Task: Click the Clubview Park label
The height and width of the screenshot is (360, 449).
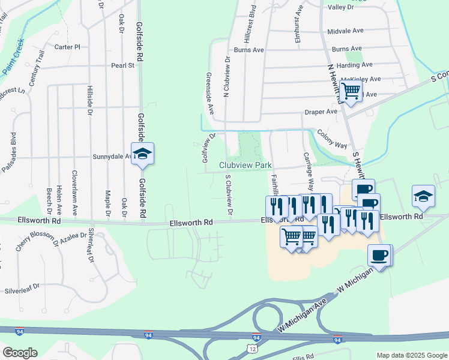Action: pos(246,165)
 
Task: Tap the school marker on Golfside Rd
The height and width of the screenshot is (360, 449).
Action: pos(142,154)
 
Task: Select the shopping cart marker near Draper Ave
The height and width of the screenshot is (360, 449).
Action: pos(351,92)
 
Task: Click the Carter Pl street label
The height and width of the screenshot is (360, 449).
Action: pos(67,47)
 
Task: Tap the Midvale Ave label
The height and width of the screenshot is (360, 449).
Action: pos(346,31)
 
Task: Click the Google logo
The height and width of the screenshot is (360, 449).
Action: pos(19,353)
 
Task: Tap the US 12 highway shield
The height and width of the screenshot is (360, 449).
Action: pos(255,348)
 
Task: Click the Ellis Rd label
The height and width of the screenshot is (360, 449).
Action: pos(303,357)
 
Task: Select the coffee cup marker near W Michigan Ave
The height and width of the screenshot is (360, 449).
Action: pos(379,256)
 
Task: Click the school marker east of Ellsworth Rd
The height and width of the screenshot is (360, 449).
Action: pos(423,196)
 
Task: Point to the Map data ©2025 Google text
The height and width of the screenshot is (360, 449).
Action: pos(411,355)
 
